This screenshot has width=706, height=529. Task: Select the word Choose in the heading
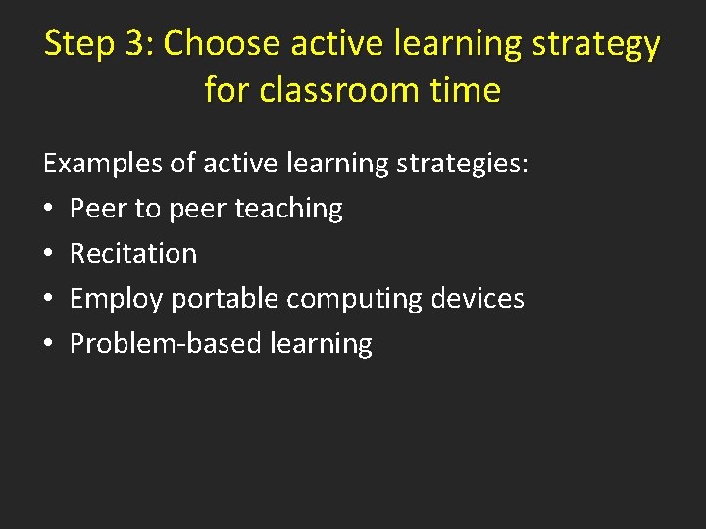click(x=224, y=45)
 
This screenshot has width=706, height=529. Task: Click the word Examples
click(x=103, y=164)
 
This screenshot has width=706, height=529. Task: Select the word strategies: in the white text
click(x=463, y=164)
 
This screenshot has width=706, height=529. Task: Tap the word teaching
click(x=289, y=209)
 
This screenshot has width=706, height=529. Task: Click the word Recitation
click(x=133, y=253)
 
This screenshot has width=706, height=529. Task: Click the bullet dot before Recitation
click(x=49, y=254)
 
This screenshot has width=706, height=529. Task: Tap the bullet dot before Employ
click(x=49, y=299)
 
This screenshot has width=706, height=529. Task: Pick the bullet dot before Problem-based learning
click(x=49, y=344)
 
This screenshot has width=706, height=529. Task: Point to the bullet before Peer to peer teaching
click(x=49, y=209)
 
